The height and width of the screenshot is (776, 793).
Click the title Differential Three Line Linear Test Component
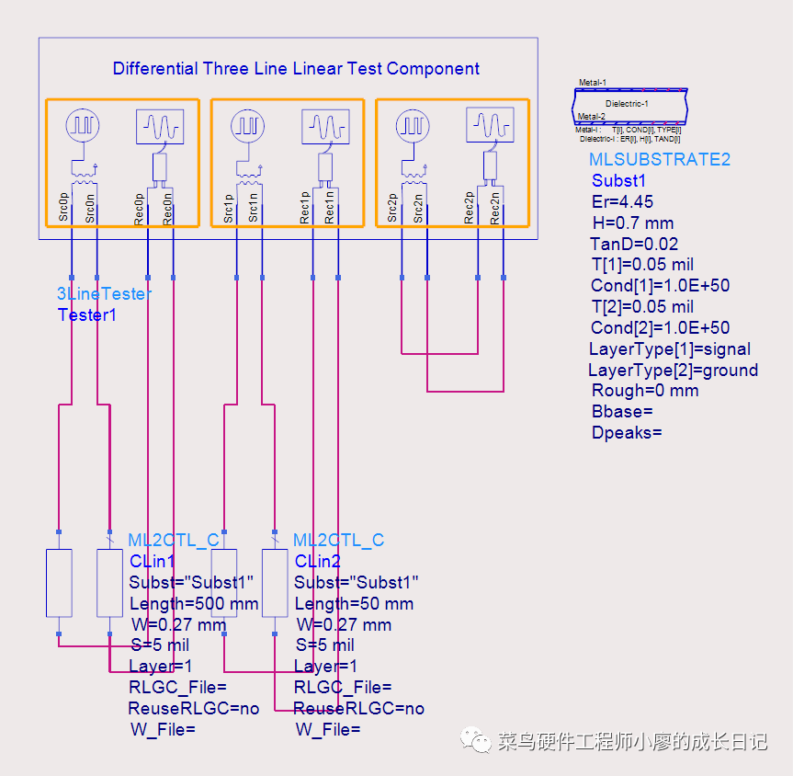point(296,69)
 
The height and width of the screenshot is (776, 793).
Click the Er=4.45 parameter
point(623,201)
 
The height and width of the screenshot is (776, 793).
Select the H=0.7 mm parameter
point(633,223)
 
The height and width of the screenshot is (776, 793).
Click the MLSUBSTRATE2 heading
point(660,159)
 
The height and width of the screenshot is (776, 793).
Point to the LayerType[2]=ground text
point(673,370)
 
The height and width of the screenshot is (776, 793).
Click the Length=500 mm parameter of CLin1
point(194,604)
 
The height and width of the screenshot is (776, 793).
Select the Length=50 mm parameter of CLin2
point(354,604)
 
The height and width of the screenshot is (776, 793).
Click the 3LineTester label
point(104,294)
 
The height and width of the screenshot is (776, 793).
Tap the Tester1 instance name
point(90,314)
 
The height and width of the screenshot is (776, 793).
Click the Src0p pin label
point(64,208)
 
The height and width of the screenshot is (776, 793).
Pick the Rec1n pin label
point(331,208)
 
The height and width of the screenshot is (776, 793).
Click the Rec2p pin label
point(470,208)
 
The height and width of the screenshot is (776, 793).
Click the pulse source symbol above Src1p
point(247,126)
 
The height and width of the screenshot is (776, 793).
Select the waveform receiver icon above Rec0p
point(160,126)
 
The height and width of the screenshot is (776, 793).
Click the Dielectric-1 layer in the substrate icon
point(628,104)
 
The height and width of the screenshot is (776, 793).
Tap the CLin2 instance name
point(318,561)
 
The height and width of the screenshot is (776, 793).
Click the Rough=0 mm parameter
point(645,391)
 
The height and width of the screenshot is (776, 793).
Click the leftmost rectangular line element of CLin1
point(59,583)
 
